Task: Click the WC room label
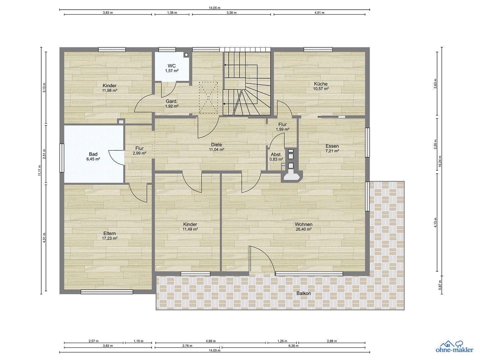pyautogui.click(x=172, y=66)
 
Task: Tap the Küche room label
pyautogui.click(x=321, y=84)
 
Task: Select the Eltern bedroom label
pyautogui.click(x=110, y=234)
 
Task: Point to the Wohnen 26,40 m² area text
pyautogui.click(x=303, y=229)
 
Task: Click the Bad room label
pyautogui.click(x=93, y=154)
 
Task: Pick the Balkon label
pyautogui.click(x=303, y=293)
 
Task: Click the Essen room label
pyautogui.click(x=332, y=146)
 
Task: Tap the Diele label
pyautogui.click(x=216, y=145)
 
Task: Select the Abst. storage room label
pyautogui.click(x=276, y=155)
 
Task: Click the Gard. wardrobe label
pyautogui.click(x=172, y=101)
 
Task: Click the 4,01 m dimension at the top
pyautogui.click(x=319, y=13)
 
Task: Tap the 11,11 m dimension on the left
pyautogui.click(x=39, y=170)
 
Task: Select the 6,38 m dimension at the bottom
pyautogui.click(x=293, y=346)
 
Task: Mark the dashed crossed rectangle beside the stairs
pyautogui.click(x=208, y=98)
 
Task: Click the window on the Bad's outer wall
pyautogui.click(x=62, y=158)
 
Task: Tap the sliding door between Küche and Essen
pyautogui.click(x=332, y=117)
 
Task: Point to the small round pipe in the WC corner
pyautogui.click(x=186, y=54)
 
